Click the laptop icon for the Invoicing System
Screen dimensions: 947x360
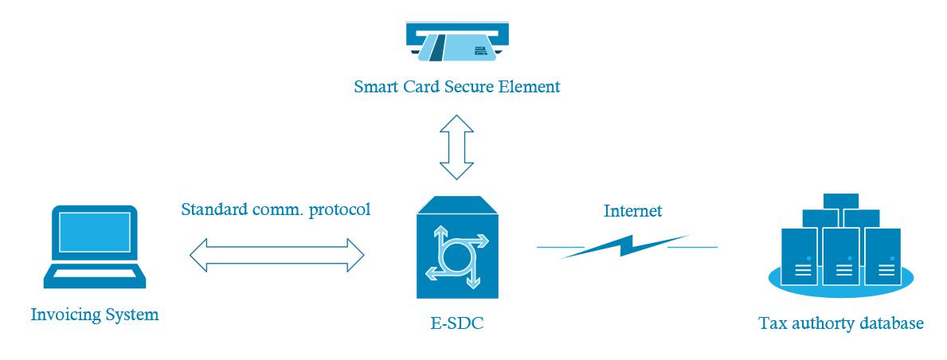tap(94, 247)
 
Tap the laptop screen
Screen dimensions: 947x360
tap(94, 232)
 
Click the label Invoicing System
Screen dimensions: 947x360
tap(95, 315)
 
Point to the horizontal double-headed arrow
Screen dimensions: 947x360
tap(276, 256)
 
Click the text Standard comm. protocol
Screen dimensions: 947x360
tap(276, 210)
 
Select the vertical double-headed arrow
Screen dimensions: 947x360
tap(456, 147)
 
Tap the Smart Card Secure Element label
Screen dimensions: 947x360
tap(457, 86)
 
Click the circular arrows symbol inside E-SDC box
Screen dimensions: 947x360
tap(456, 255)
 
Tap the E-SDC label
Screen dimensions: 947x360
tap(456, 323)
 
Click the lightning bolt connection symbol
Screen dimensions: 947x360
tap(627, 246)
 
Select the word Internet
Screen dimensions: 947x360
tap(633, 211)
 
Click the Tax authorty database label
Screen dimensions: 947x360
tap(841, 323)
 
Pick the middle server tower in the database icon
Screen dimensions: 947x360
tap(841, 256)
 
